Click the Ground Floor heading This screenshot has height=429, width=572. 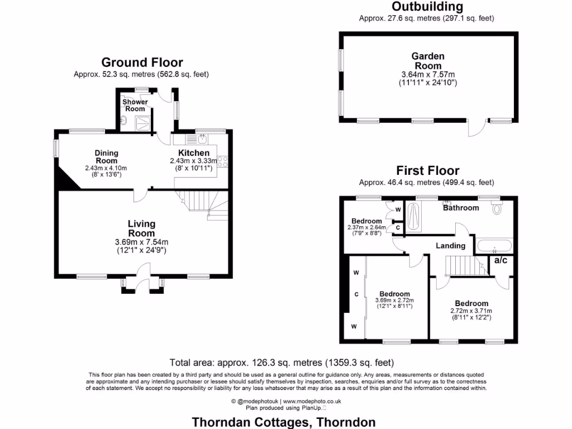(x=142, y=63)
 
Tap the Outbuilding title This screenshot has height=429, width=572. (x=427, y=7)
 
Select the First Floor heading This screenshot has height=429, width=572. (x=428, y=171)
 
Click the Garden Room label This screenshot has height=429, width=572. (x=428, y=60)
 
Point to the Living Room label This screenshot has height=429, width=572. (x=141, y=228)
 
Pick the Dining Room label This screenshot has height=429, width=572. (x=106, y=156)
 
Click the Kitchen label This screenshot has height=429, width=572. (x=194, y=153)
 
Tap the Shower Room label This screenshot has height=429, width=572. (x=135, y=105)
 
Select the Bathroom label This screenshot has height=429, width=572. (x=461, y=208)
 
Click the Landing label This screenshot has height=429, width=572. (x=450, y=246)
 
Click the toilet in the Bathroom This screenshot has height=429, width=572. (x=497, y=209)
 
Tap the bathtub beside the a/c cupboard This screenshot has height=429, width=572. (x=493, y=245)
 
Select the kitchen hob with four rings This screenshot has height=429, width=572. (x=222, y=161)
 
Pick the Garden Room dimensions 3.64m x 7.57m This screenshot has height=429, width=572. (x=428, y=74)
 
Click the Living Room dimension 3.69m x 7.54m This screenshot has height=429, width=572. (x=141, y=242)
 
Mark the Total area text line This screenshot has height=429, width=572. (x=286, y=362)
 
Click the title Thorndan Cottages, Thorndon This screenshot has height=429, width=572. (x=284, y=422)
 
